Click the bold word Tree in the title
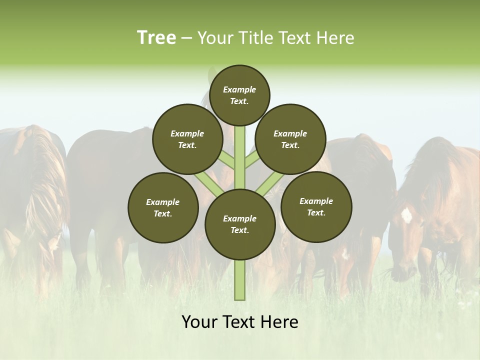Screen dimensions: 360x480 coord(156,37)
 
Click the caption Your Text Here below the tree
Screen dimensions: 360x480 coord(240,322)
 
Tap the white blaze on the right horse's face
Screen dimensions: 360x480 coord(406,215)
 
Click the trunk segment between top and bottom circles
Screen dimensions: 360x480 coord(240,155)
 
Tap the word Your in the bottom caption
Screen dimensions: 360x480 coord(199,322)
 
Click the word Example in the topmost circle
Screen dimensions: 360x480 coord(239,89)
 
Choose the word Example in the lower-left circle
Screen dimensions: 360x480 coord(163,202)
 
